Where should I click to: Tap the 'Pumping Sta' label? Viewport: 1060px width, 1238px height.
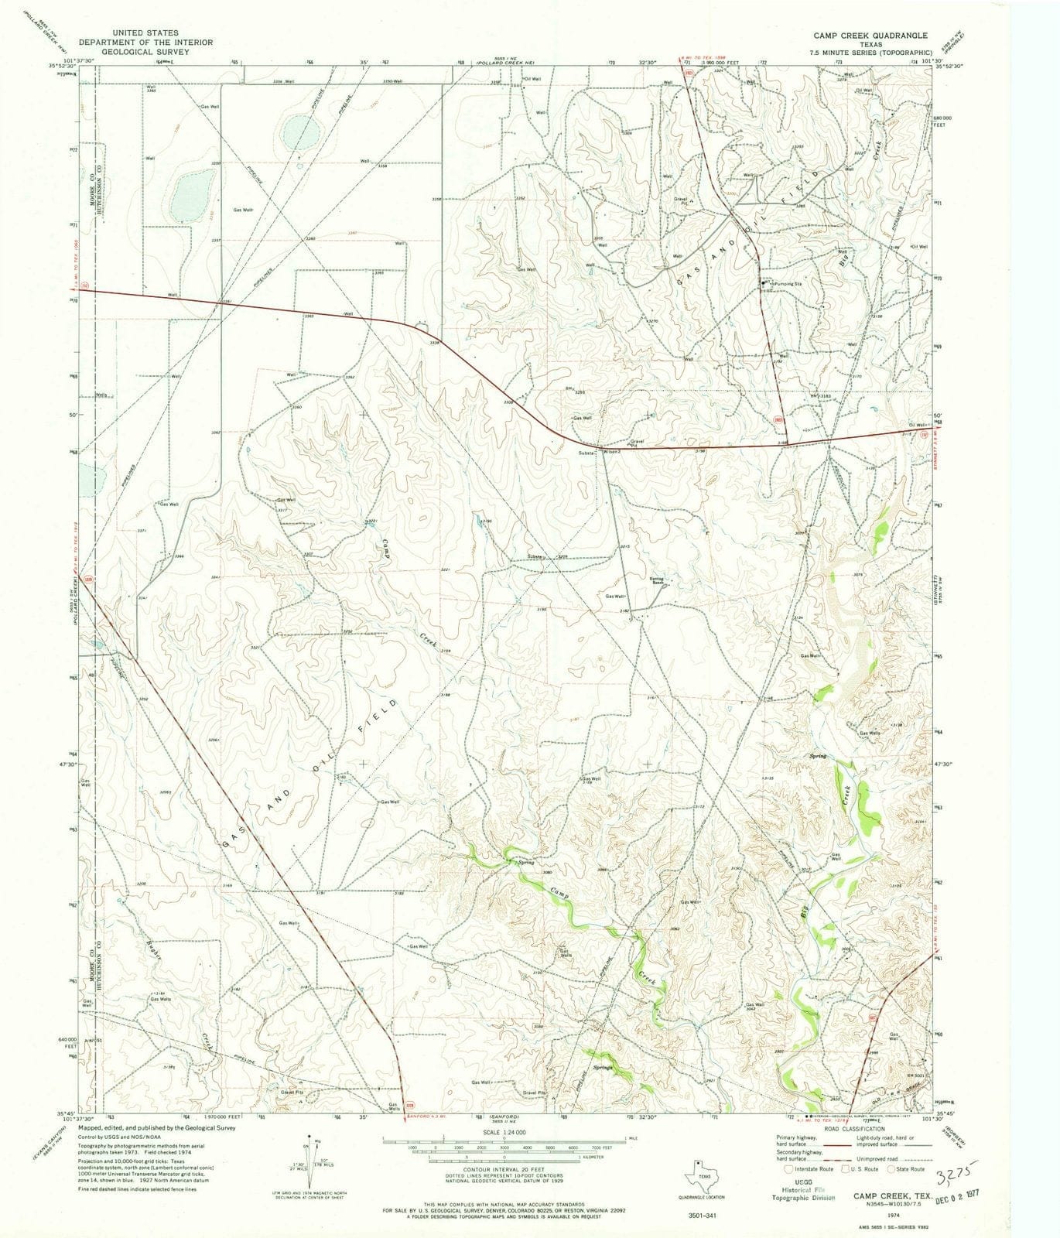pyautogui.click(x=785, y=284)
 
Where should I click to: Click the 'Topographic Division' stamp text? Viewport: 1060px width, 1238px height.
pyautogui.click(x=804, y=1196)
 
